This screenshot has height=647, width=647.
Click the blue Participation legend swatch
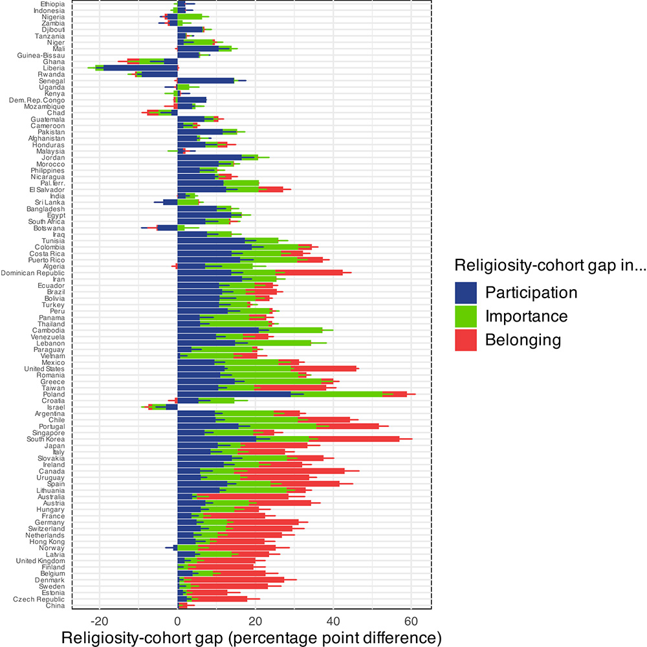tap(466, 292)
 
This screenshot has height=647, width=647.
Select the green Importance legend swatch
tap(466, 316)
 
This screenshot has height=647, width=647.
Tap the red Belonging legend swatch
tap(466, 340)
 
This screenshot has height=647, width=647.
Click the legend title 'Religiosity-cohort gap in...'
tap(549, 265)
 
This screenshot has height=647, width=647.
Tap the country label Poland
tap(55, 393)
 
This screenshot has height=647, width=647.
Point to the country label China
tap(55, 606)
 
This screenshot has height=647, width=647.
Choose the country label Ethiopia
tap(52, 4)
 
